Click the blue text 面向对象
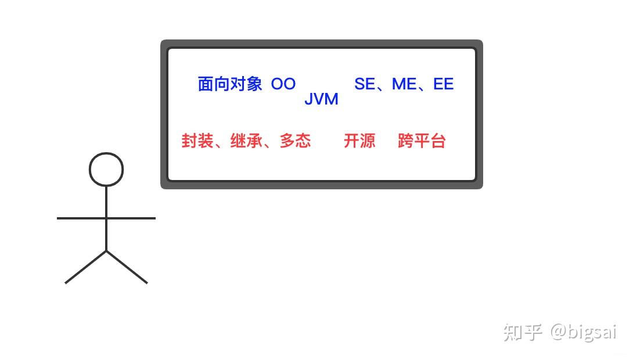pyautogui.click(x=230, y=84)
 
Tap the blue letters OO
pyautogui.click(x=283, y=84)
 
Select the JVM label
pyautogui.click(x=321, y=99)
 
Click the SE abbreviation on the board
pyautogui.click(x=365, y=84)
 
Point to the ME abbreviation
pyautogui.click(x=404, y=84)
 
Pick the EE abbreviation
pyautogui.click(x=443, y=84)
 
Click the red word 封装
pyautogui.click(x=197, y=141)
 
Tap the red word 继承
pyautogui.click(x=246, y=141)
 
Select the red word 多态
pyautogui.click(x=295, y=141)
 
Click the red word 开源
pyautogui.click(x=359, y=141)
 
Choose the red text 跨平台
pyautogui.click(x=422, y=141)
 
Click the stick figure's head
pyautogui.click(x=106, y=170)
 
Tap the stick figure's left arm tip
pyautogui.click(x=59, y=218)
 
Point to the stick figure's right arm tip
pyautogui.click(x=154, y=218)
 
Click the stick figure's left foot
pyautogui.click(x=66, y=282)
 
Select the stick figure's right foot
pyautogui.click(x=146, y=282)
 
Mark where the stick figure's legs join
pyautogui.click(x=106, y=251)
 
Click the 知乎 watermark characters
pyautogui.click(x=522, y=332)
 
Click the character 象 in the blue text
pyautogui.click(x=254, y=84)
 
